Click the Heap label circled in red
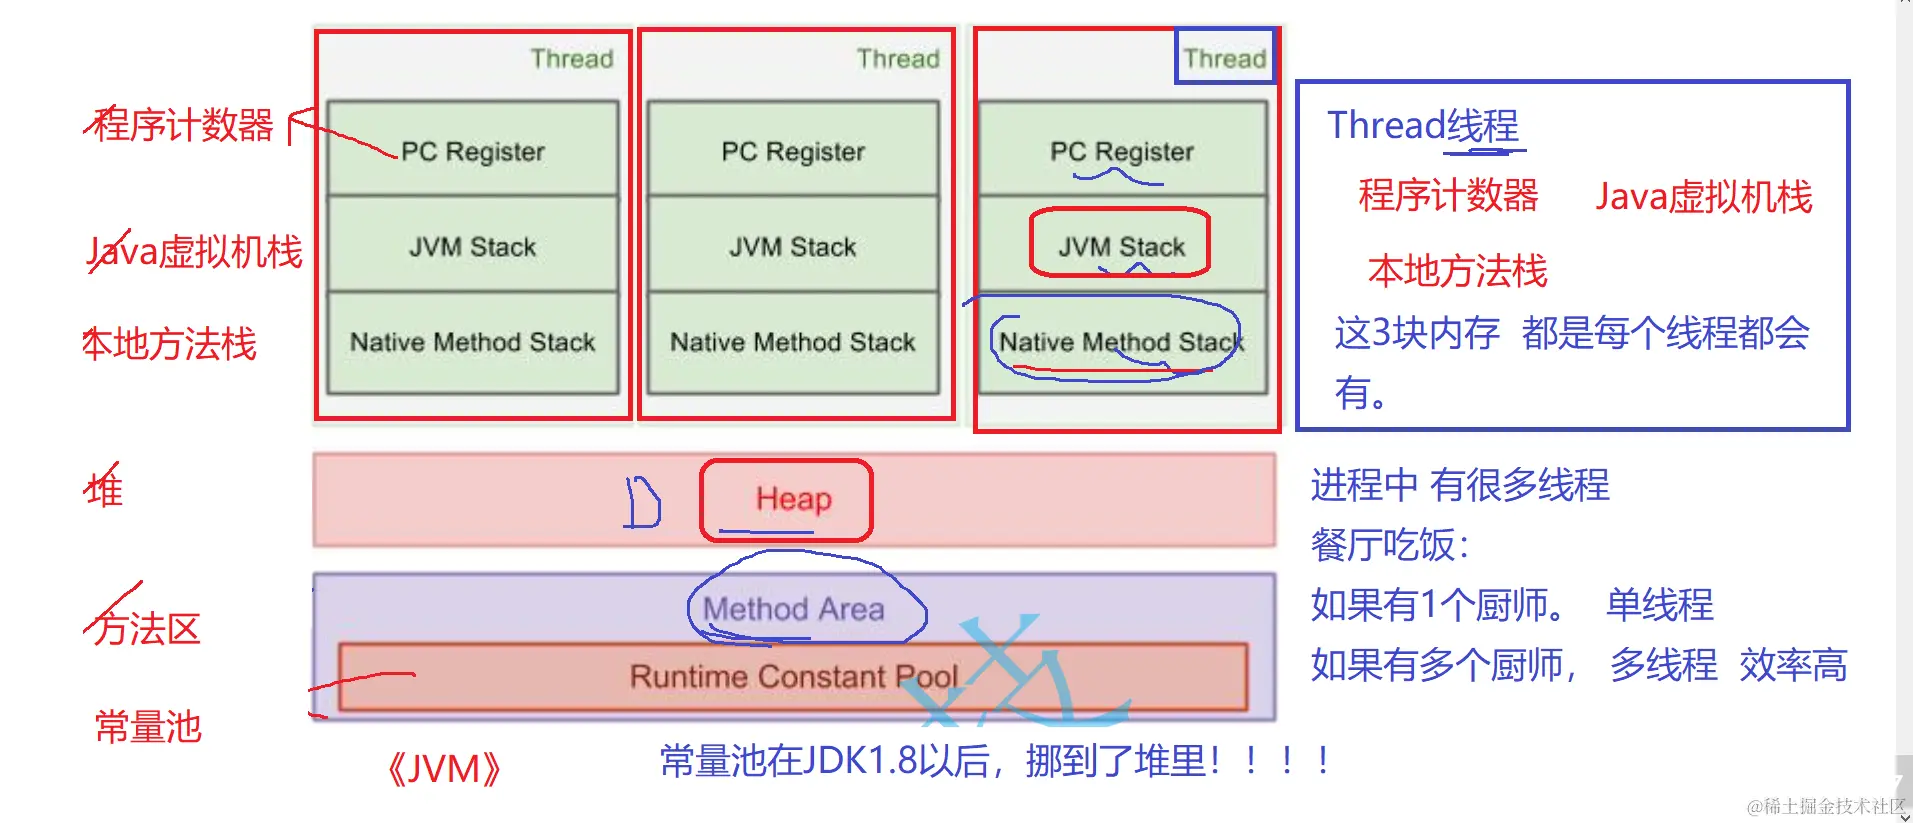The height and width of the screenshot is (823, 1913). click(792, 499)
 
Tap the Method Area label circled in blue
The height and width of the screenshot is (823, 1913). click(794, 609)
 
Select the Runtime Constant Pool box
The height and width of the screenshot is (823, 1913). click(792, 677)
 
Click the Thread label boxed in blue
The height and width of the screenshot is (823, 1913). click(1225, 58)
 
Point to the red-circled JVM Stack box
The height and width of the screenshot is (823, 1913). click(1121, 246)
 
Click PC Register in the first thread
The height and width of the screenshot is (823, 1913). click(472, 151)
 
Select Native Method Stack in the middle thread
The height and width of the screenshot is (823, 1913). click(792, 342)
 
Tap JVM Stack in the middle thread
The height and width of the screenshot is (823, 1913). click(792, 246)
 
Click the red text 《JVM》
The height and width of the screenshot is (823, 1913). click(443, 769)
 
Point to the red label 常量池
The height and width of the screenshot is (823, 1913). click(148, 727)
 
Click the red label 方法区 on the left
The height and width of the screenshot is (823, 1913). click(146, 629)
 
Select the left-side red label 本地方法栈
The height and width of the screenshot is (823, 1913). click(170, 344)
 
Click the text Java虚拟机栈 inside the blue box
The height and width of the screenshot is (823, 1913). click(1703, 196)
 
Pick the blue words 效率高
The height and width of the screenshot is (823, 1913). click(1793, 665)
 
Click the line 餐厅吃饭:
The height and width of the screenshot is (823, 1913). click(1390, 546)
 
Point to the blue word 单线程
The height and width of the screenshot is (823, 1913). click(1659, 605)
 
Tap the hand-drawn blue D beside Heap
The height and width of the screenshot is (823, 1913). click(643, 502)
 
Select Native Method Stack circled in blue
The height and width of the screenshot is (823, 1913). click(1120, 342)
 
